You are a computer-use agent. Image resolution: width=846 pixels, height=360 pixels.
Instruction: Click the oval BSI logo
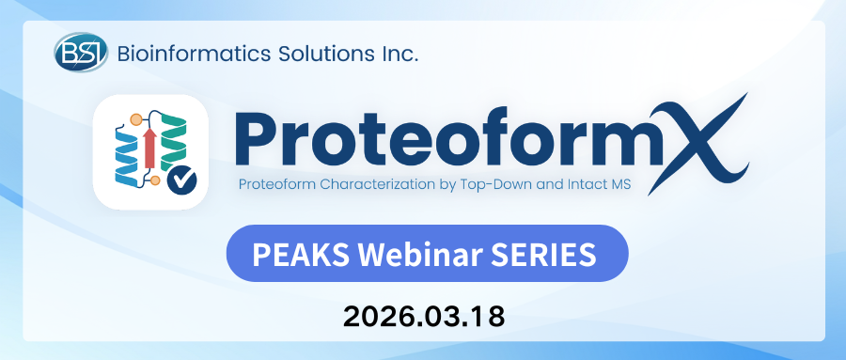tap(81, 52)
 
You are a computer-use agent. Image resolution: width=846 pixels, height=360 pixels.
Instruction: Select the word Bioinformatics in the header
tap(196, 54)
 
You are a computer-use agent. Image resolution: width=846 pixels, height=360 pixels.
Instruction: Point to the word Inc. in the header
tap(399, 54)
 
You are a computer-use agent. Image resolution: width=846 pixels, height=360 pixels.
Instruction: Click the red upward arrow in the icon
tap(150, 149)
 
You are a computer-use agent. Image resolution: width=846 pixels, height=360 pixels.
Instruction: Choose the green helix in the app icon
tap(174, 137)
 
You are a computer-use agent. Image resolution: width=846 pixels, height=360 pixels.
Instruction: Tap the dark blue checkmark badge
tap(181, 180)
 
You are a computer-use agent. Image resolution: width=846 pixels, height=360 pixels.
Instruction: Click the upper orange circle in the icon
tap(136, 119)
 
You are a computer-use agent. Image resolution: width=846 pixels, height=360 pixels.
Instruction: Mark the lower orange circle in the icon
tap(155, 180)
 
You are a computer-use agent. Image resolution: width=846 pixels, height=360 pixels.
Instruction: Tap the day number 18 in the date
tap(489, 317)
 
